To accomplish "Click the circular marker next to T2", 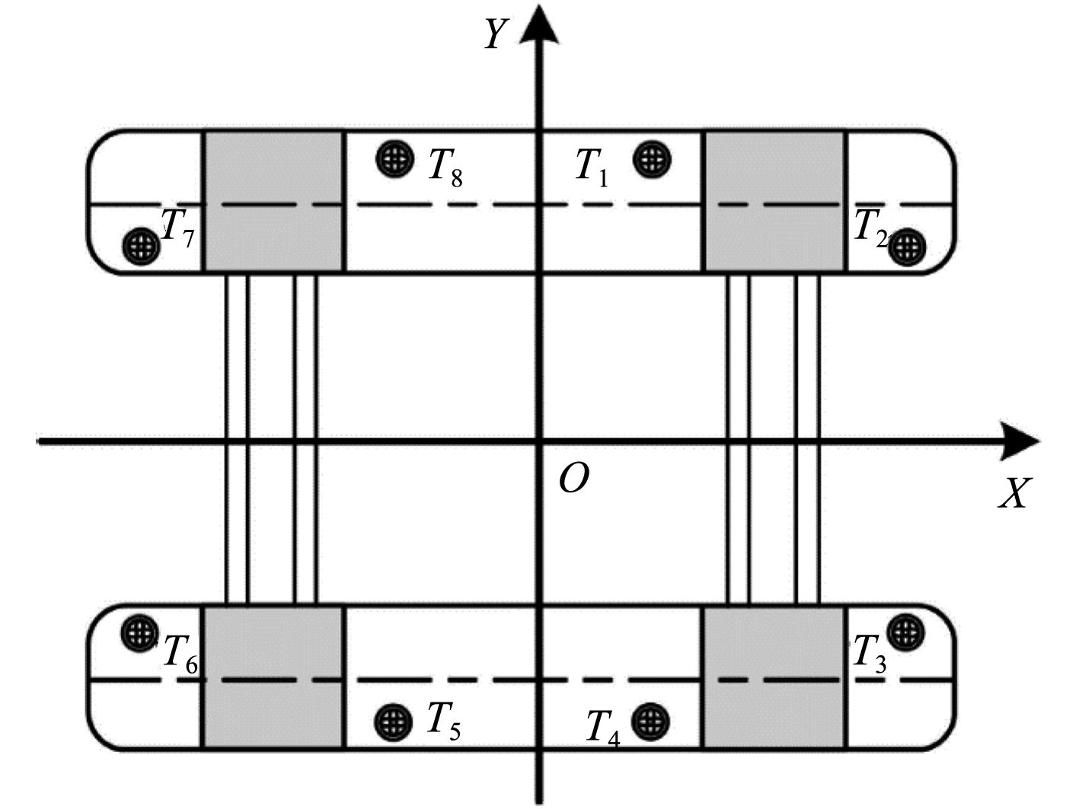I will click(x=907, y=246).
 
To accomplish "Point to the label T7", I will click(x=179, y=227).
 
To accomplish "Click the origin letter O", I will click(x=573, y=479).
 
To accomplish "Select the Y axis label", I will click(x=496, y=34).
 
